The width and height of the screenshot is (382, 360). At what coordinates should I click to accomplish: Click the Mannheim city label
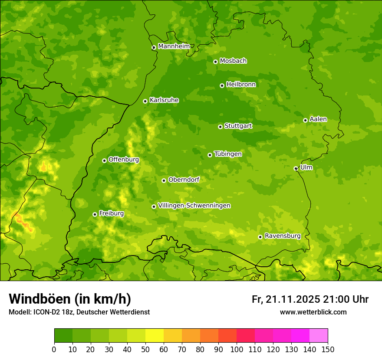pos(174,46)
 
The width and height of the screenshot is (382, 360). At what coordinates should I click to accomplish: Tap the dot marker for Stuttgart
pos(221,127)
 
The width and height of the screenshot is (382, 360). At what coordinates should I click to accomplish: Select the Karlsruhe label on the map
pos(164,100)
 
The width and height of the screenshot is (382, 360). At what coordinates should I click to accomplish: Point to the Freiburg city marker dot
pos(95,214)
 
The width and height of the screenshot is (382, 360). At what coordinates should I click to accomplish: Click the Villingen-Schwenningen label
pos(194,206)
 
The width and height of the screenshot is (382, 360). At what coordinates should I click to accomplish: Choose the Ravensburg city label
pos(283,236)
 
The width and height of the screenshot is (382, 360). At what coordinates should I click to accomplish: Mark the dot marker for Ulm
pos(296,168)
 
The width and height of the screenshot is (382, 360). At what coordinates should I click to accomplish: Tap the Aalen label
pos(318,119)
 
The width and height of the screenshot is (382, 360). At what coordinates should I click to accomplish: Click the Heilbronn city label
pos(241,85)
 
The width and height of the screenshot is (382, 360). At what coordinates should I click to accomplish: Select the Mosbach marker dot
pos(215,62)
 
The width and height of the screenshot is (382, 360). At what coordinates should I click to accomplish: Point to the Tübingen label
pos(228,154)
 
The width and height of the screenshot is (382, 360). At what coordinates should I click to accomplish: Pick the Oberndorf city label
pos(184,180)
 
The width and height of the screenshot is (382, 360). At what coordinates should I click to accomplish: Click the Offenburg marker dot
pos(104,160)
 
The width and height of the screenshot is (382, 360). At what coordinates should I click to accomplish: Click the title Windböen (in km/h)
pos(70,299)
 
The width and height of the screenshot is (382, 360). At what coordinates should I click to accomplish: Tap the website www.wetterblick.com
pos(313,312)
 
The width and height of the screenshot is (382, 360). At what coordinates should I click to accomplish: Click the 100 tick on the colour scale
pos(237,349)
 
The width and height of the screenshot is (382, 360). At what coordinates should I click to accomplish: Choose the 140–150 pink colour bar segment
pos(319,336)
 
